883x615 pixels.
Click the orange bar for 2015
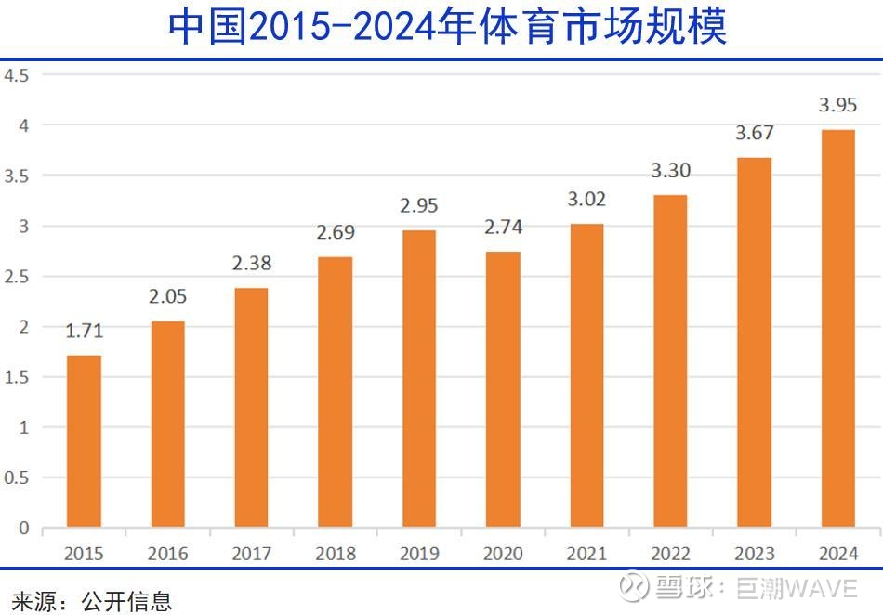[84, 441]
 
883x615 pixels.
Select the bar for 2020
[503, 390]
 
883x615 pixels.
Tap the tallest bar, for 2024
[838, 329]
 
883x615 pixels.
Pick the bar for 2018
[335, 392]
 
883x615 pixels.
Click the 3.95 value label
[838, 106]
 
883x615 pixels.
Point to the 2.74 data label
[503, 228]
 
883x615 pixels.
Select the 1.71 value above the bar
[84, 332]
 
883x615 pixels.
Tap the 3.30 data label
[670, 171]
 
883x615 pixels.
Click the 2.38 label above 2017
[251, 264]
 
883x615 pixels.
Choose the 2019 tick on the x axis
[419, 554]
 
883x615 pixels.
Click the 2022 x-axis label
[670, 554]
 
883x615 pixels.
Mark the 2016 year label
[167, 554]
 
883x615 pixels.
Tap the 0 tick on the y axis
[23, 529]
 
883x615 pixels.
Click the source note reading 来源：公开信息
[91, 600]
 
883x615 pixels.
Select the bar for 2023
[754, 343]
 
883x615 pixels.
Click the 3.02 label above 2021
[586, 200]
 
